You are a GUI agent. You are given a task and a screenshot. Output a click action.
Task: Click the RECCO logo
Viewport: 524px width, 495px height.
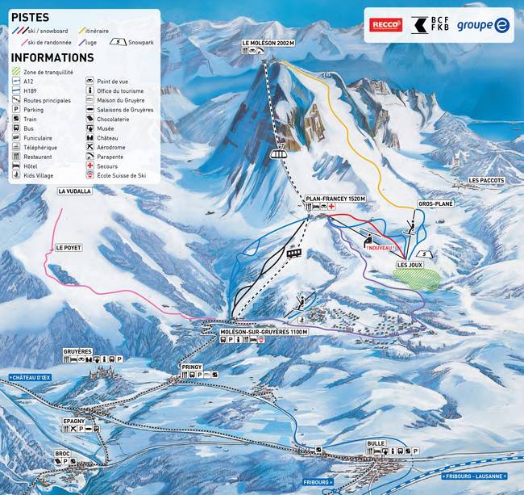(386, 25)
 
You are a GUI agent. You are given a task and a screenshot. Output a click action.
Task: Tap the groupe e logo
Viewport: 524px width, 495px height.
(483, 25)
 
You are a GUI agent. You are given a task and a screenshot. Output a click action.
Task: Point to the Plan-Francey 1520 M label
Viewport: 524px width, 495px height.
(335, 198)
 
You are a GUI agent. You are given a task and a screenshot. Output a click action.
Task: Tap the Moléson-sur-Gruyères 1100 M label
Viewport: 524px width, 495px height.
(264, 331)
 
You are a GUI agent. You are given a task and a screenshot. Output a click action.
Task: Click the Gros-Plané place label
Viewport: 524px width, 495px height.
(435, 204)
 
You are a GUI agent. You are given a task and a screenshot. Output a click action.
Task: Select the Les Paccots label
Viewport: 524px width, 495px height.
(486, 180)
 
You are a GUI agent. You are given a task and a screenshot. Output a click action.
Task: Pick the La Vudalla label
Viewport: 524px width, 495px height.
(75, 191)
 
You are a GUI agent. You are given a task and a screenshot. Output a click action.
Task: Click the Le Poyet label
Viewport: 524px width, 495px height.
(68, 247)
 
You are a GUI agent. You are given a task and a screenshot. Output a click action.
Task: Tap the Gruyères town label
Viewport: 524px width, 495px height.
(78, 351)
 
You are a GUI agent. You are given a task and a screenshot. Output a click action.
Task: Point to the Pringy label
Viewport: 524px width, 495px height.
(192, 367)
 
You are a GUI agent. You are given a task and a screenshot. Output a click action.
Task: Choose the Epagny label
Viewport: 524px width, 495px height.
(74, 421)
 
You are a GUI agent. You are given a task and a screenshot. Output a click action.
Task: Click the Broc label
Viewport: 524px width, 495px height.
(63, 453)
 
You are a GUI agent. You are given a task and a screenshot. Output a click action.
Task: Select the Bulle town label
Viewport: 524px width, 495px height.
(376, 443)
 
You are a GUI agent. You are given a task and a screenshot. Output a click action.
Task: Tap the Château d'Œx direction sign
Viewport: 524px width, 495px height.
(29, 377)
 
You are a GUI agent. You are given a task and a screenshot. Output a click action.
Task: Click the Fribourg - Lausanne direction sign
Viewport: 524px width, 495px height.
(480, 476)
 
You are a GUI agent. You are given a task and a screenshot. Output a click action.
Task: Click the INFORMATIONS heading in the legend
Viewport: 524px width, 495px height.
(52, 58)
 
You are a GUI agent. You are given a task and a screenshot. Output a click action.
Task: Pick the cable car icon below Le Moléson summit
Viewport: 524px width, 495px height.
(279, 153)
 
